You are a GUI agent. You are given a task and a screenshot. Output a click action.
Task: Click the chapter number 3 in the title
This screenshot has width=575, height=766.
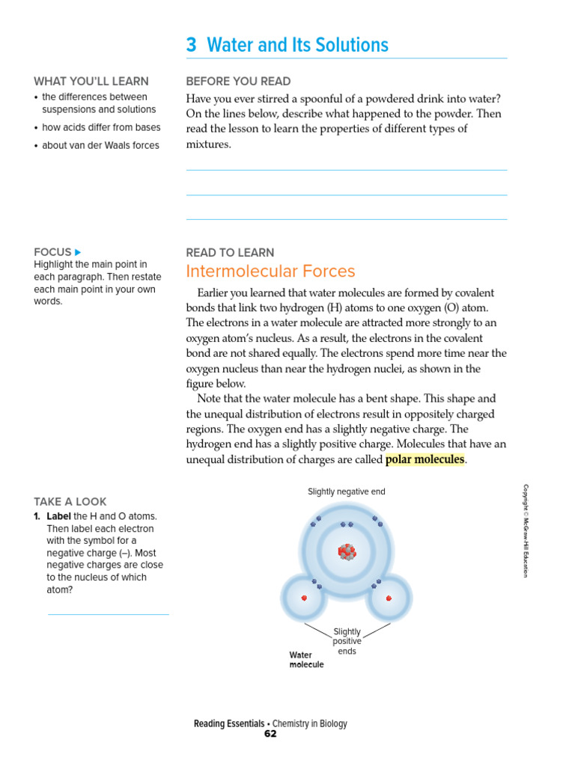click(192, 45)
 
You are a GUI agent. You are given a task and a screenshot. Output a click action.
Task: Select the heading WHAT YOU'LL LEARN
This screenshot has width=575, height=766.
click(91, 82)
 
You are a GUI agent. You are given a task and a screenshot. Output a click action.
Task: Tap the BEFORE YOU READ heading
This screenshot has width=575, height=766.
click(238, 82)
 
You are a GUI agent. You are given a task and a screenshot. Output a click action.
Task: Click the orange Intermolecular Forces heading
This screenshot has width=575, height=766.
click(270, 272)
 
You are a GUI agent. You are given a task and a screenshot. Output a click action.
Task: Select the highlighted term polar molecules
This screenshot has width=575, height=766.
click(425, 459)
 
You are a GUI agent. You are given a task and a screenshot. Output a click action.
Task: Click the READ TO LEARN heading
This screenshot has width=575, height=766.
click(230, 253)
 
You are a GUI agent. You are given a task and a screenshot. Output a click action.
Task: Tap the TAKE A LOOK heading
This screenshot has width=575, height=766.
click(70, 502)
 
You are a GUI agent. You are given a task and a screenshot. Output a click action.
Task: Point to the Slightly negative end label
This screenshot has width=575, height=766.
click(347, 491)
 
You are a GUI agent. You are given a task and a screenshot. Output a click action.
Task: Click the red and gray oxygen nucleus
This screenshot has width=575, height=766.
click(347, 552)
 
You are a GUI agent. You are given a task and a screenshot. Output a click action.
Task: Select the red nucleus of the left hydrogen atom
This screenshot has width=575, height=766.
click(304, 598)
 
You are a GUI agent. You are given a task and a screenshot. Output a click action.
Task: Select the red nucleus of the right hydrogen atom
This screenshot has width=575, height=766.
click(389, 598)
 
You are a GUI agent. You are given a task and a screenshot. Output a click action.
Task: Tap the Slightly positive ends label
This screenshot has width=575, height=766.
click(347, 641)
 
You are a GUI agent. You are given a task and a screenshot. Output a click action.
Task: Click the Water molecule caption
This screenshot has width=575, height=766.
click(306, 660)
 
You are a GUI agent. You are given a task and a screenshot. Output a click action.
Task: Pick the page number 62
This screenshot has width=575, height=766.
click(270, 734)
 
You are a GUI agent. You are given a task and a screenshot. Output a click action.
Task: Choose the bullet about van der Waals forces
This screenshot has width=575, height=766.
click(100, 146)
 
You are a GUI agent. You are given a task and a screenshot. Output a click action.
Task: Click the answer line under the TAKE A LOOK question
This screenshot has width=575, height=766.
click(109, 614)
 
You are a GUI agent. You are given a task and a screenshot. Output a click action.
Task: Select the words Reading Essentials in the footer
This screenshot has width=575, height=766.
click(228, 723)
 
